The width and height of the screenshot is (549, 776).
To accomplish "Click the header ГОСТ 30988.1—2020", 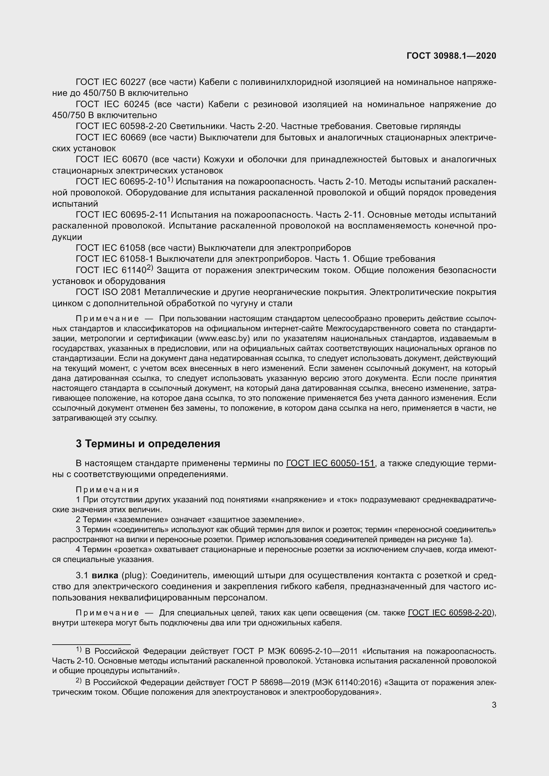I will [451, 56].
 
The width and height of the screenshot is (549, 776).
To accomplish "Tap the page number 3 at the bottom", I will [494, 705].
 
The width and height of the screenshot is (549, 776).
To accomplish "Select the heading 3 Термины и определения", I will [148, 444].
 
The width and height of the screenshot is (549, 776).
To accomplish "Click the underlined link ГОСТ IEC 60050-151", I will [330, 463].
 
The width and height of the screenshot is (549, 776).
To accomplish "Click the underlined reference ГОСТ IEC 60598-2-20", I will [450, 613].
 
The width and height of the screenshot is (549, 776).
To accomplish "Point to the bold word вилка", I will [105, 575].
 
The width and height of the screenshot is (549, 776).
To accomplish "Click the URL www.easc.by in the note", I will [223, 338].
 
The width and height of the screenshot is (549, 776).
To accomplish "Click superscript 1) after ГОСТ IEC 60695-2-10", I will [170, 180].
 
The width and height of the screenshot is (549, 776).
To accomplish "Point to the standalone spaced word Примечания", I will [107, 490].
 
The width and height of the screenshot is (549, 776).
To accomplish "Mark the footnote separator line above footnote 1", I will [91, 645].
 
